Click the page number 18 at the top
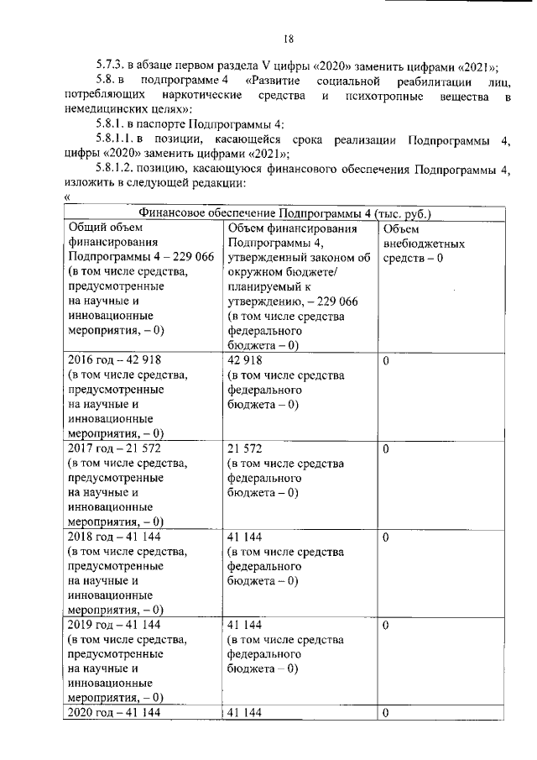(x=287, y=38)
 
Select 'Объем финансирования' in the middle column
(x=293, y=227)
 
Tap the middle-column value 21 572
(x=245, y=449)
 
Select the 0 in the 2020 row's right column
(x=386, y=713)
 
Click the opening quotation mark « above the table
(x=67, y=197)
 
